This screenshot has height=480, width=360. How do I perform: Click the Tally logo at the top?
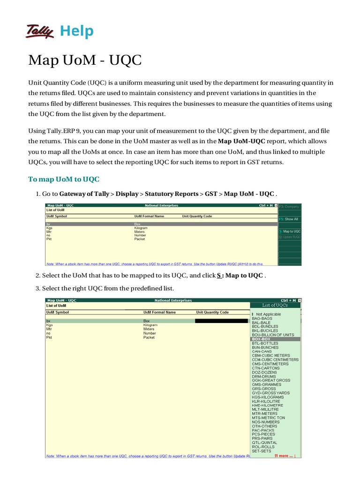[41, 31]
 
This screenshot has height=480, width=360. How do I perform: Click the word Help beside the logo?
[77, 31]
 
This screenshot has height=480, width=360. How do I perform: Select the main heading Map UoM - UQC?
[85, 60]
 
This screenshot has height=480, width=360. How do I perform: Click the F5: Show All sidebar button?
[290, 219]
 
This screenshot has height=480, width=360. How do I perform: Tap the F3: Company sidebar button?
[290, 206]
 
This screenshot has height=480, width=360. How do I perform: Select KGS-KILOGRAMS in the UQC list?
[267, 397]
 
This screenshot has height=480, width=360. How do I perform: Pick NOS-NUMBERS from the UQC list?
[266, 422]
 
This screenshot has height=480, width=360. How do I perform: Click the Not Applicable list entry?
[267, 314]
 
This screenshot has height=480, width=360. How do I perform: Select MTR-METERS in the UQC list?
[264, 413]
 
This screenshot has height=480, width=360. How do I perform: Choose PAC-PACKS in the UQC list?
[263, 430]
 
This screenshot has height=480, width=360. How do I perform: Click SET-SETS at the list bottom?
[262, 451]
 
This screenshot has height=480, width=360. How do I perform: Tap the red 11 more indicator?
[285, 456]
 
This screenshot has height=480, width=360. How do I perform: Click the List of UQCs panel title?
[275, 305]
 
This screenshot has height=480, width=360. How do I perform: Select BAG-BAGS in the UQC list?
[262, 318]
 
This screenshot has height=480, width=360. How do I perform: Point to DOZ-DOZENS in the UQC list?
[264, 372]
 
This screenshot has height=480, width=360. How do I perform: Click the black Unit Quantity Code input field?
[221, 321]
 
